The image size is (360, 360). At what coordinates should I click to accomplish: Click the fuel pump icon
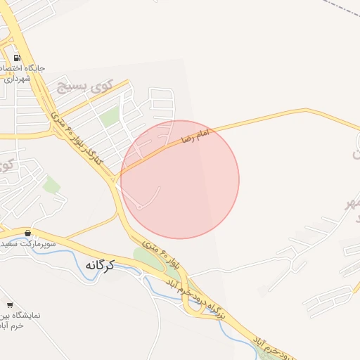pos(15,57)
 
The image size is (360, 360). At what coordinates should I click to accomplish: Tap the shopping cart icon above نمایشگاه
pos(10,304)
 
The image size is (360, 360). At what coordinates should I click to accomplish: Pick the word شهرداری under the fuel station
pos(15,79)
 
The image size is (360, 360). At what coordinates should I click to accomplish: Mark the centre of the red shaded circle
pos(180,179)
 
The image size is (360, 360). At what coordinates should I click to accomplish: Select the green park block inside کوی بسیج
pos(109,117)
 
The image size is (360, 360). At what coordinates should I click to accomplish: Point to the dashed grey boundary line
pos(341,11)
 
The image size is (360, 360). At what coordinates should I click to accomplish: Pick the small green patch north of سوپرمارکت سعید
pos(51,186)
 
